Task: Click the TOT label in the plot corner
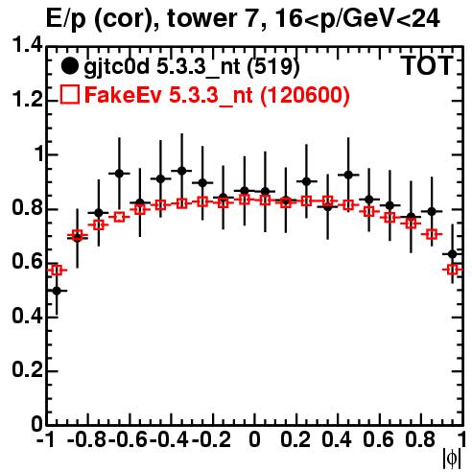pos(427,65)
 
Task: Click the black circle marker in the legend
pos(69,66)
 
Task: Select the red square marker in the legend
pos(69,95)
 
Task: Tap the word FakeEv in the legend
pos(123,95)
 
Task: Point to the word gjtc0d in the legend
pos(116,68)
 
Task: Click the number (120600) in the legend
pos(304,96)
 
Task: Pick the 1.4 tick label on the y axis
pos(27,45)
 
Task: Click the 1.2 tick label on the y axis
pos(27,100)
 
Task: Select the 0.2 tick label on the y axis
pos(27,370)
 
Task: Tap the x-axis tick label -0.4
pos(170,440)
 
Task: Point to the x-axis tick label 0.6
pos(378,440)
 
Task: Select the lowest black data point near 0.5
pos(57,291)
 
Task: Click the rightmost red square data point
pos(453,270)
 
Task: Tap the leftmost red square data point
pos(57,271)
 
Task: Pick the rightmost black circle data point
pos(453,254)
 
